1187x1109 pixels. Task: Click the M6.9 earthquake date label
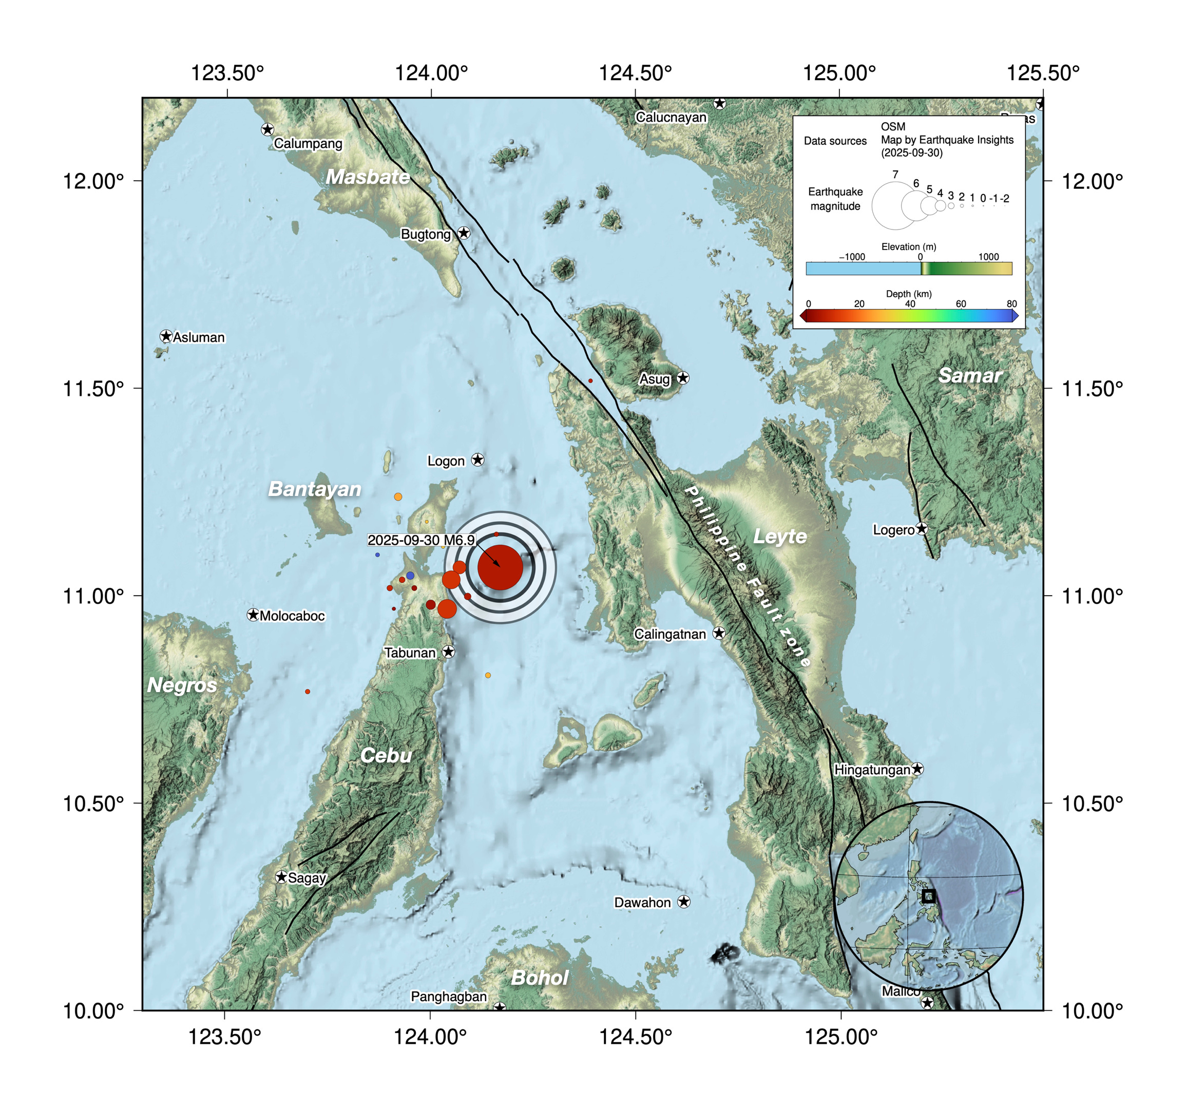[420, 540]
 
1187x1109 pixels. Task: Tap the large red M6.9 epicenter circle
[501, 567]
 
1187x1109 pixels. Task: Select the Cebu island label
[386, 755]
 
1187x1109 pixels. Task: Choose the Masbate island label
[368, 177]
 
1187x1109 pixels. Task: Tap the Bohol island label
[540, 978]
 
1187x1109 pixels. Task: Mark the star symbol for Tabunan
[448, 652]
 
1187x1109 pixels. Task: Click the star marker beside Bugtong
[464, 233]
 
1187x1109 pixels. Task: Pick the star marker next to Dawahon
[684, 902]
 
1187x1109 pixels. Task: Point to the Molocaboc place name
[292, 616]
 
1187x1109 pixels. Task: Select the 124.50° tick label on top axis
[635, 73]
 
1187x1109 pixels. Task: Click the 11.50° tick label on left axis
[93, 388]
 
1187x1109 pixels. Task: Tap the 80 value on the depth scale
[1011, 303]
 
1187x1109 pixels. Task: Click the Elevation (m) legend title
[908, 246]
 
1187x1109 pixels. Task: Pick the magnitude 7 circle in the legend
[894, 205]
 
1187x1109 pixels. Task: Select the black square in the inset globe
[928, 896]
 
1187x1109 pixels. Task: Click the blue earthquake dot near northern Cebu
[410, 575]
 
